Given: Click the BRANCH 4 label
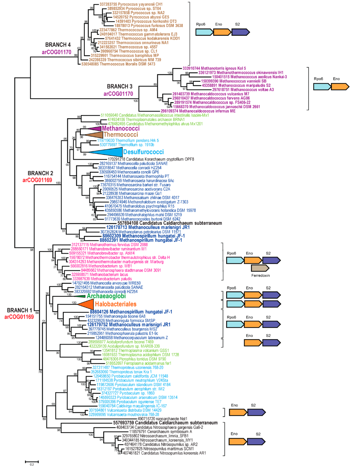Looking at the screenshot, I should click(x=58, y=45).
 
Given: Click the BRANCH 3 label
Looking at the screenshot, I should click(x=120, y=86).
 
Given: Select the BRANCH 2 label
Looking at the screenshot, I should click(x=40, y=173).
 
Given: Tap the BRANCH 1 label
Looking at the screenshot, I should click(x=20, y=310).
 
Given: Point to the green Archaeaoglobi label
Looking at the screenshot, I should click(x=106, y=296).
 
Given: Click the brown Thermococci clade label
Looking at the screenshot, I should click(x=121, y=134).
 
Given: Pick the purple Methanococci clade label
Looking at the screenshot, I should click(x=121, y=128).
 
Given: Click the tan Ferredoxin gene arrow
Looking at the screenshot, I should click(x=260, y=268).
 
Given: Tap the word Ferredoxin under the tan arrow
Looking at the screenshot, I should click(x=261, y=276).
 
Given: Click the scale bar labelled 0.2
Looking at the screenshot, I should click(x=32, y=461).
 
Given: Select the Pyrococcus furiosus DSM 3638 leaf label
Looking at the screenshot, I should click(x=149, y=26).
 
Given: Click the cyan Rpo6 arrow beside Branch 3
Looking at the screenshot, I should click(x=322, y=87).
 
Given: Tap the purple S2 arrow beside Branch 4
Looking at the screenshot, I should click(x=240, y=32).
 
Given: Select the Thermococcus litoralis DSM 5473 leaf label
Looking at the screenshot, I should click(x=118, y=64).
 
